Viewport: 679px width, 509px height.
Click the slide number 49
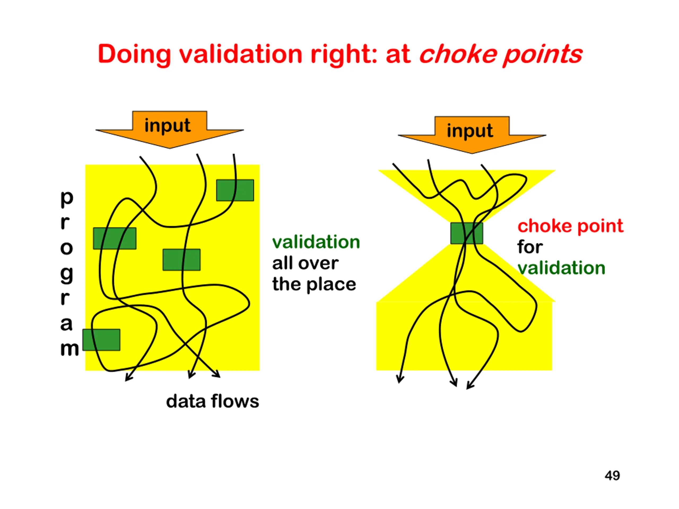pos(612,475)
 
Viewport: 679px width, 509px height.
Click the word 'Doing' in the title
pos(134,55)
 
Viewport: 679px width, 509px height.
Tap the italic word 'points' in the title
pos(542,55)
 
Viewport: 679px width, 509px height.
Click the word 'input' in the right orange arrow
pos(470,131)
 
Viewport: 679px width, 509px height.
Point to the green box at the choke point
pos(467,234)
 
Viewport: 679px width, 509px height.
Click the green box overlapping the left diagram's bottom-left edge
pos(101,340)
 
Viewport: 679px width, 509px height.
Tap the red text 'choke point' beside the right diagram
pos(570,226)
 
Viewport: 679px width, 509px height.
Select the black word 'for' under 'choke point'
pos(530,247)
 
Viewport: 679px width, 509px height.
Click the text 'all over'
pos(306,263)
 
